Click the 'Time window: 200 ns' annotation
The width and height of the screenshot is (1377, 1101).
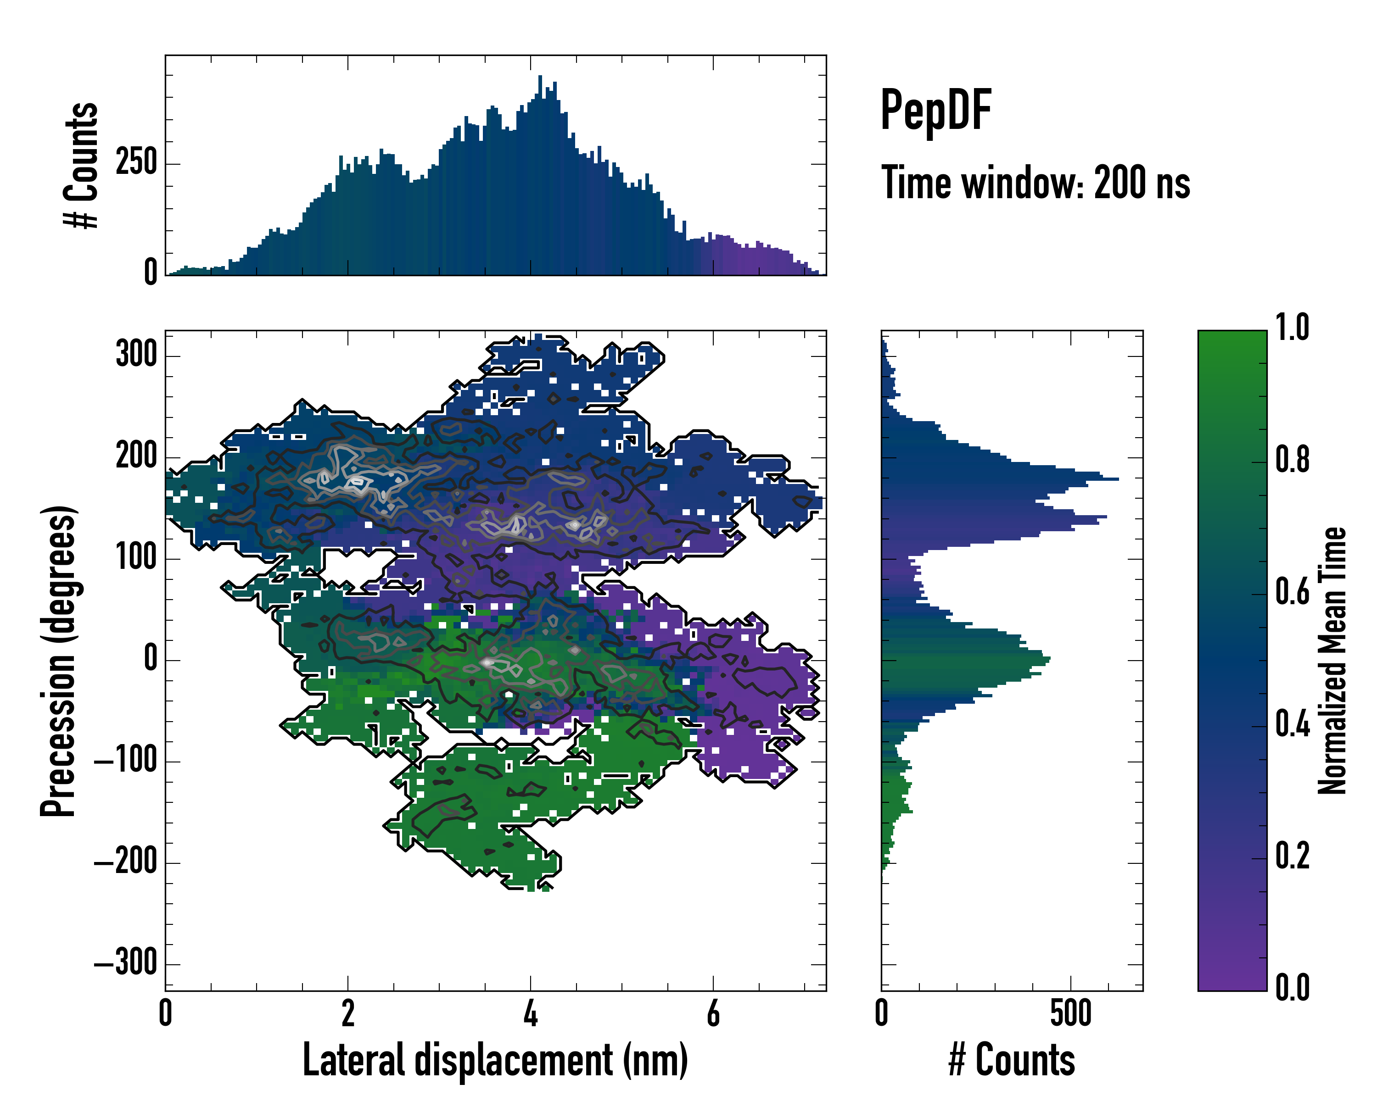(x=1036, y=183)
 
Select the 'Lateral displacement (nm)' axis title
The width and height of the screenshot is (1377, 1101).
(x=495, y=1060)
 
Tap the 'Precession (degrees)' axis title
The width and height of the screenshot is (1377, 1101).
(x=59, y=661)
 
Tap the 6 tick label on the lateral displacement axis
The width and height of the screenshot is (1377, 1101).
(x=713, y=1013)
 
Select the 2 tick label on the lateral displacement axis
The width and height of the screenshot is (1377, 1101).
(x=348, y=1013)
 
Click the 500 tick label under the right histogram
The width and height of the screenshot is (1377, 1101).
(x=1070, y=1013)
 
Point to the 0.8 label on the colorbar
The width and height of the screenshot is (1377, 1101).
(x=1292, y=460)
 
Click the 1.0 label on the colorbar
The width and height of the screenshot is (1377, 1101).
(x=1292, y=328)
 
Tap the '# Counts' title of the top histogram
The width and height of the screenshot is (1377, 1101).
(x=82, y=165)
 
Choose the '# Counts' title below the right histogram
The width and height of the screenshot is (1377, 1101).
(x=1012, y=1060)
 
